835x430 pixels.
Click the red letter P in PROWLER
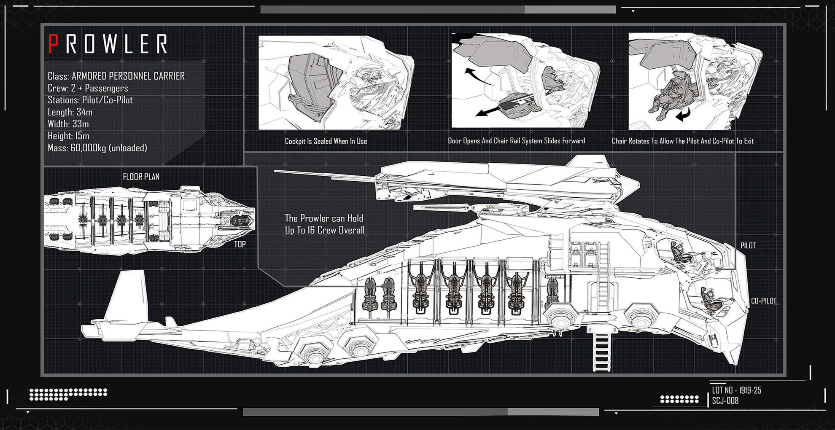tap(53, 44)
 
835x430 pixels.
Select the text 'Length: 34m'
tap(70, 112)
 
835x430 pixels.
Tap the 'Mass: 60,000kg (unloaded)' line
tap(97, 148)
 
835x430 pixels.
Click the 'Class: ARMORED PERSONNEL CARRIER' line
tap(116, 76)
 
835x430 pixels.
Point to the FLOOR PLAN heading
tap(141, 177)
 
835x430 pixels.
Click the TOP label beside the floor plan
tap(240, 244)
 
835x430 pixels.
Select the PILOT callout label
tap(748, 246)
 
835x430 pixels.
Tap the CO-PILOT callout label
tap(763, 301)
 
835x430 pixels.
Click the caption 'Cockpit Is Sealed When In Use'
tap(326, 141)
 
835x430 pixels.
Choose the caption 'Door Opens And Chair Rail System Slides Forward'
tap(516, 141)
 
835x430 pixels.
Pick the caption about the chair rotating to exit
tap(682, 141)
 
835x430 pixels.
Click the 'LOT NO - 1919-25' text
tap(736, 390)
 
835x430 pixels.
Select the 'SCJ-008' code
tap(725, 400)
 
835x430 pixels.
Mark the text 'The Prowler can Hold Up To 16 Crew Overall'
tap(324, 224)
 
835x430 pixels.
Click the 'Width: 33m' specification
tap(68, 124)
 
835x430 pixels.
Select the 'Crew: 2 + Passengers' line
tap(88, 88)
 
